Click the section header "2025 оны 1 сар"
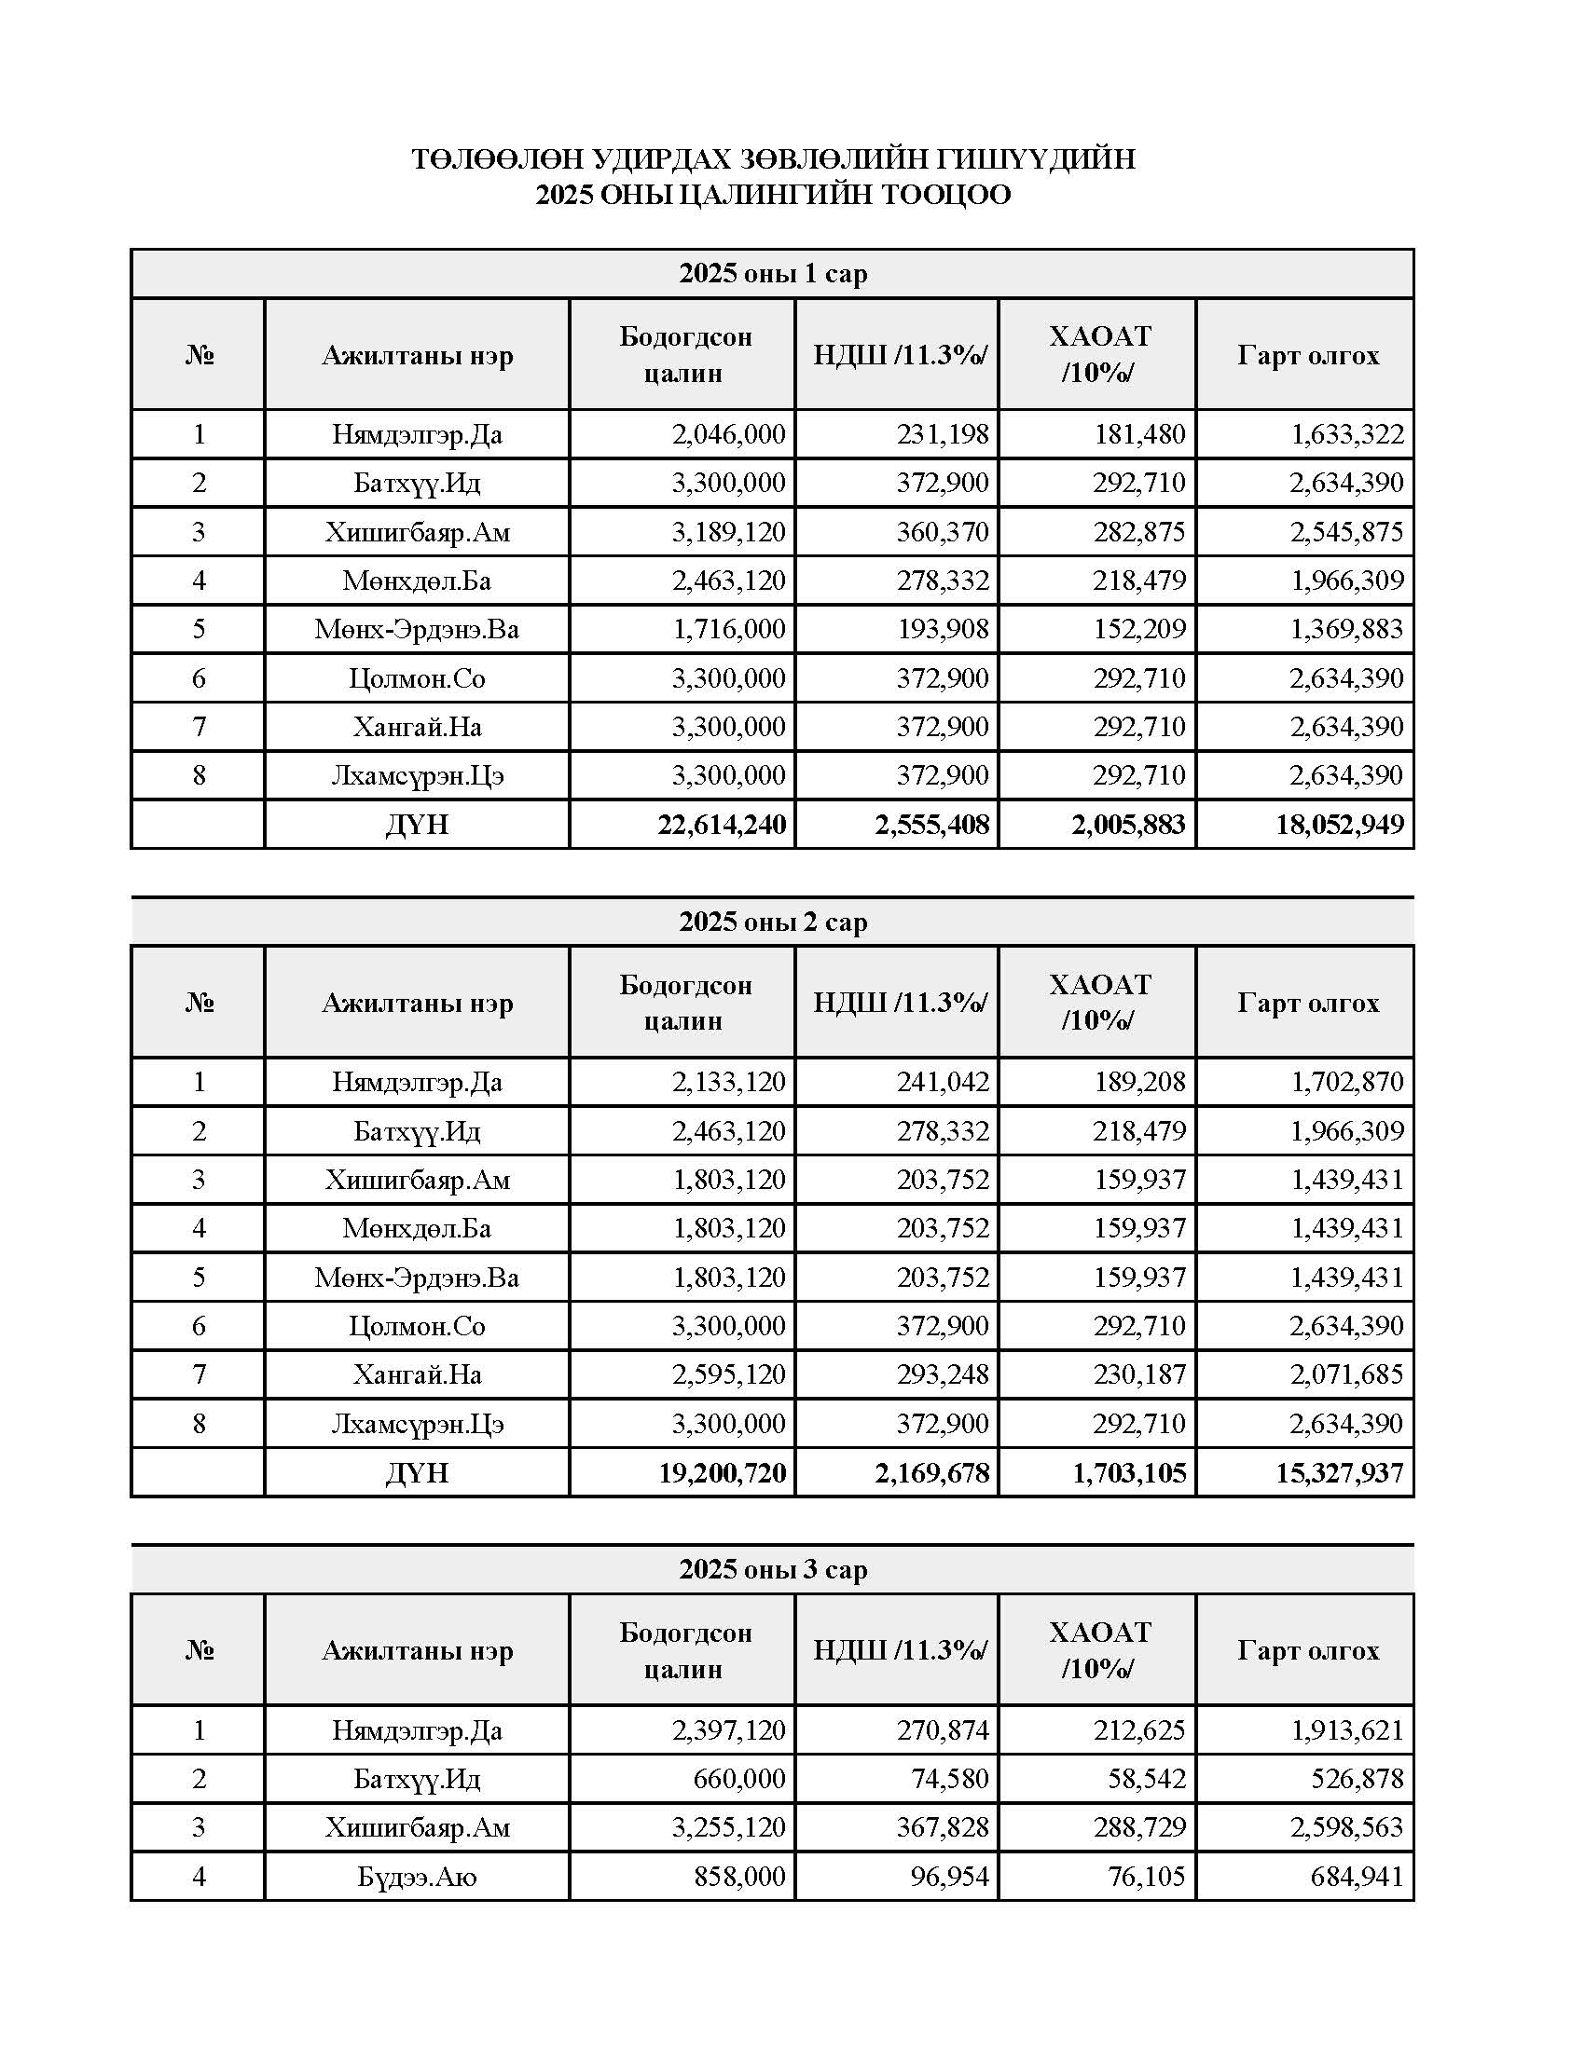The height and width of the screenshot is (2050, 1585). point(773,274)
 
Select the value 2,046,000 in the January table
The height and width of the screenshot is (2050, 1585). point(728,434)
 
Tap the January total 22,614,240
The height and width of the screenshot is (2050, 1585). point(721,825)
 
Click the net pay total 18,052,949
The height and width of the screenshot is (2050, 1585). point(1339,825)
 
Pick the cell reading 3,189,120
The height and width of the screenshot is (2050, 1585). point(728,532)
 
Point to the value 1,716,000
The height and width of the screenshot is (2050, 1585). point(728,629)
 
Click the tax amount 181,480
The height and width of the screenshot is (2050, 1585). point(1139,434)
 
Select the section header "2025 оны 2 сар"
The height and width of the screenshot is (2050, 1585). point(773,922)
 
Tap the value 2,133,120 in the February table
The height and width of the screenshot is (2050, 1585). point(728,1082)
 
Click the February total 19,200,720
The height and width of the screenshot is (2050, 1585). point(721,1472)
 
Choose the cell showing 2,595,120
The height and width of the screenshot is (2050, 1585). point(728,1375)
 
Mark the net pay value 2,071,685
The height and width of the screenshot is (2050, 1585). point(1345,1375)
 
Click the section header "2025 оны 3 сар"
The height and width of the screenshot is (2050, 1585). point(773,1569)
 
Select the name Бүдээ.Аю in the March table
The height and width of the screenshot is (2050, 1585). point(417,1877)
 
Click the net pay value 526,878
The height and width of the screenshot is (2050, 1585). point(1357,1779)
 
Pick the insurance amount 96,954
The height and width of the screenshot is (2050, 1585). point(949,1877)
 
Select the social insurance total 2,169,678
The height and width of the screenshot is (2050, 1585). point(931,1472)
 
